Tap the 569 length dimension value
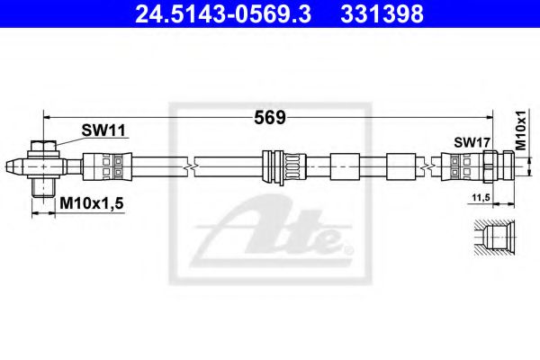(270, 117)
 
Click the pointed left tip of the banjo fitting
(12, 166)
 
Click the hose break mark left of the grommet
(189, 166)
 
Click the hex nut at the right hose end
(490, 166)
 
